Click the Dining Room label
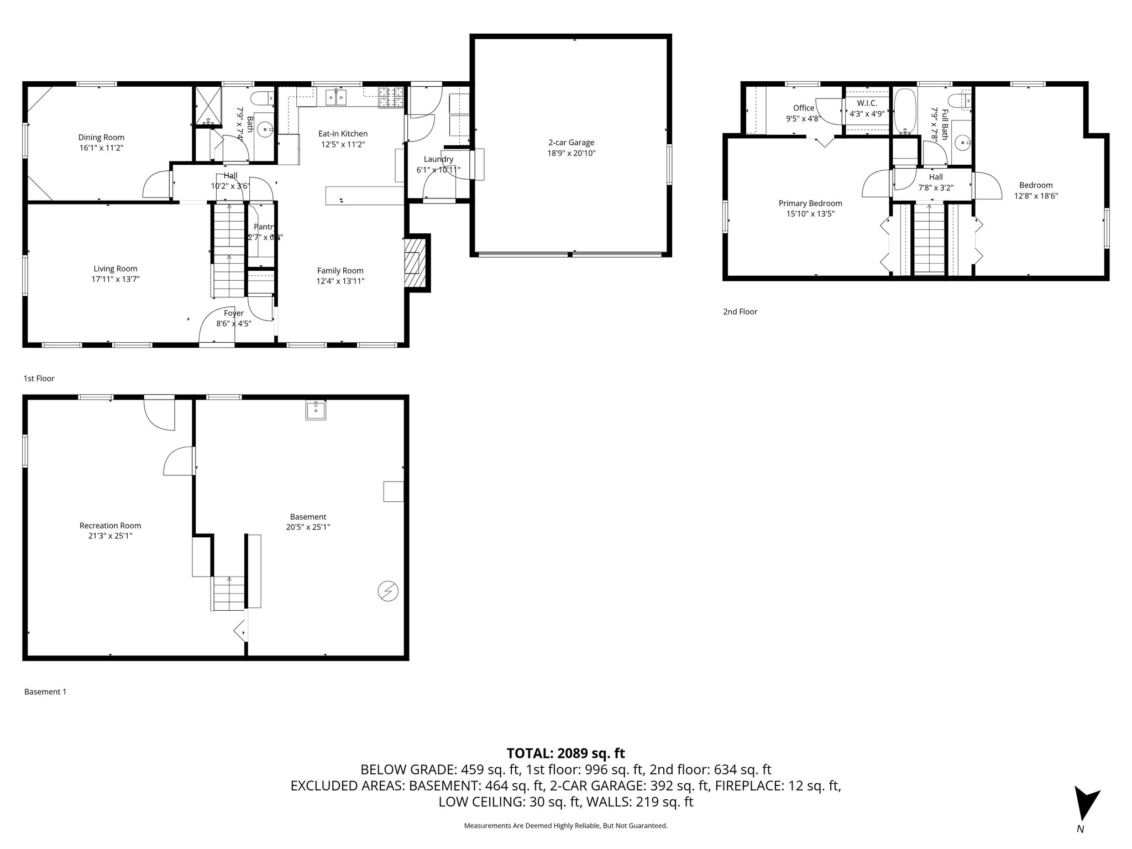[101, 138]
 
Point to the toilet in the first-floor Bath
[261, 99]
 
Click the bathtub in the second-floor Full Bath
[905, 111]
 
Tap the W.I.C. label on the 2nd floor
[867, 103]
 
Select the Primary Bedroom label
[810, 203]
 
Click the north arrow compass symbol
[1084, 809]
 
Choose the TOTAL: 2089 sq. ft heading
[565, 753]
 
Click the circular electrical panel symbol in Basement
[387, 591]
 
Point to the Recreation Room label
[110, 526]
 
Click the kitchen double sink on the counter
[336, 98]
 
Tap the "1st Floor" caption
[39, 379]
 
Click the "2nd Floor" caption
[740, 312]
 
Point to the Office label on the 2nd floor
[803, 108]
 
